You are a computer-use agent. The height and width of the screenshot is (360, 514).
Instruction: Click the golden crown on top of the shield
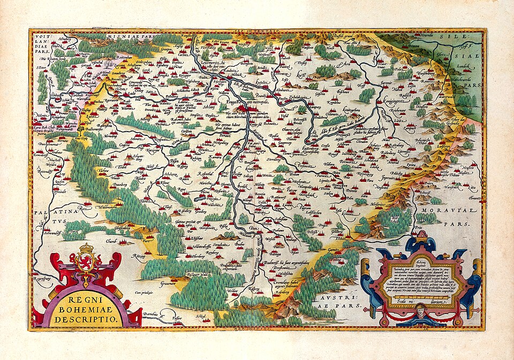coord(87,249)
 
